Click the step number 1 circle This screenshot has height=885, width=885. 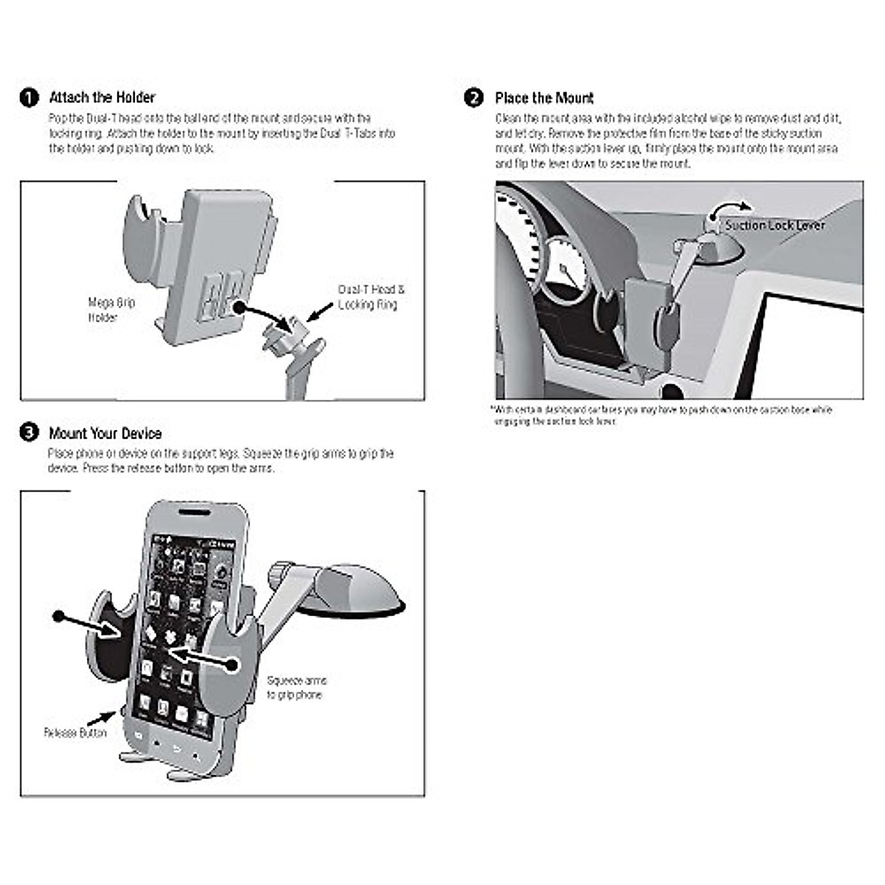click(29, 98)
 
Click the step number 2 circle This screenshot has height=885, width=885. click(473, 98)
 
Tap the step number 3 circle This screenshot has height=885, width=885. click(29, 433)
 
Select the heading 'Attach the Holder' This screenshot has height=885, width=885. click(102, 97)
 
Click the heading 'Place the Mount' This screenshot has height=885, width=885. click(544, 98)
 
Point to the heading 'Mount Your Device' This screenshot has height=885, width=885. click(105, 434)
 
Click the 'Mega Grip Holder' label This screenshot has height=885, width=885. click(111, 310)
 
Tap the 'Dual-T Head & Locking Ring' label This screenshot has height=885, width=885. click(371, 296)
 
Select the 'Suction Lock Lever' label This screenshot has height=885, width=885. click(774, 225)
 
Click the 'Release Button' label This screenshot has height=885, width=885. click(75, 733)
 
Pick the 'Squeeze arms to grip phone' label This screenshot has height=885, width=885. click(296, 687)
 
